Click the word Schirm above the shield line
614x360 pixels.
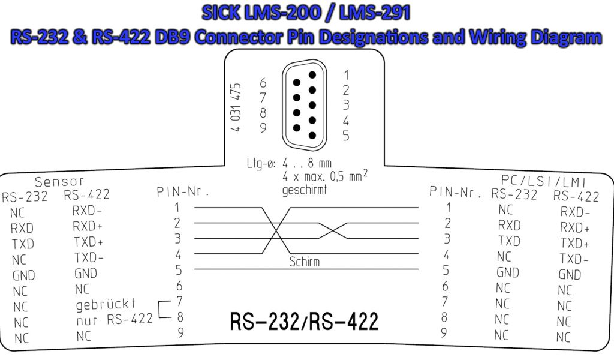[304, 262]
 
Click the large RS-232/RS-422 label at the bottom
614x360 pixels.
[304, 322]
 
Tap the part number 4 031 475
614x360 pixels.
[235, 107]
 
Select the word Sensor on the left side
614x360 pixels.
[59, 181]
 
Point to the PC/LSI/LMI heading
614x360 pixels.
[543, 181]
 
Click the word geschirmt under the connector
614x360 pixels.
[304, 190]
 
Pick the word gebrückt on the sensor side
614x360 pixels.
[106, 304]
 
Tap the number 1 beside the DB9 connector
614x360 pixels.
[346, 75]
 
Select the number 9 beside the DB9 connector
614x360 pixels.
[263, 128]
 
